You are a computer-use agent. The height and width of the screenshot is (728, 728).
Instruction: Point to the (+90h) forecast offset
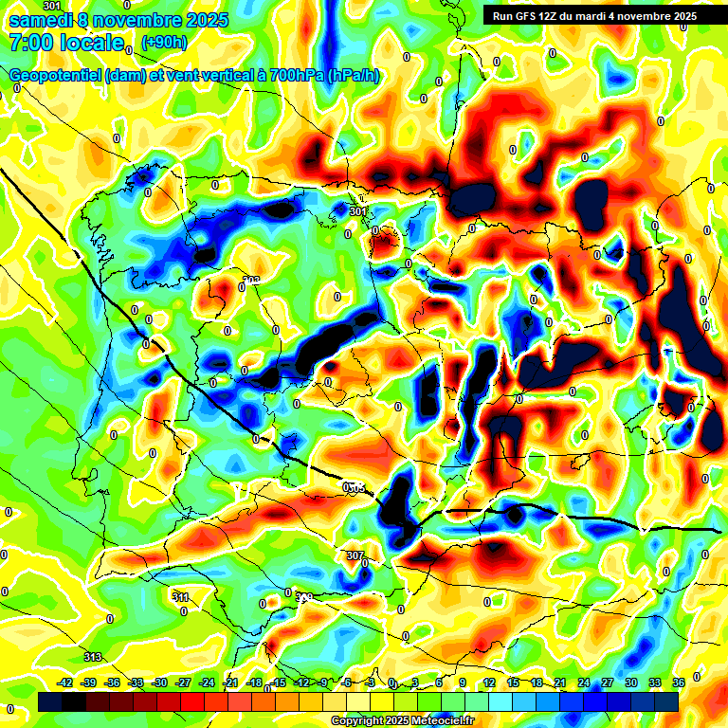(x=164, y=43)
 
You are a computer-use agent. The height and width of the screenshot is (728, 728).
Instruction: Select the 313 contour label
(x=93, y=657)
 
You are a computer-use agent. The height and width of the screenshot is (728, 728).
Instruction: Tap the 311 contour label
(x=181, y=597)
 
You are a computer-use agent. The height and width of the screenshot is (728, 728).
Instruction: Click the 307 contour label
(x=355, y=555)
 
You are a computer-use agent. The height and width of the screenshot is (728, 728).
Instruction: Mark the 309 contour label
(x=304, y=597)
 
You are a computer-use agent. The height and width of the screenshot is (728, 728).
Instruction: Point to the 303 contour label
(x=251, y=281)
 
